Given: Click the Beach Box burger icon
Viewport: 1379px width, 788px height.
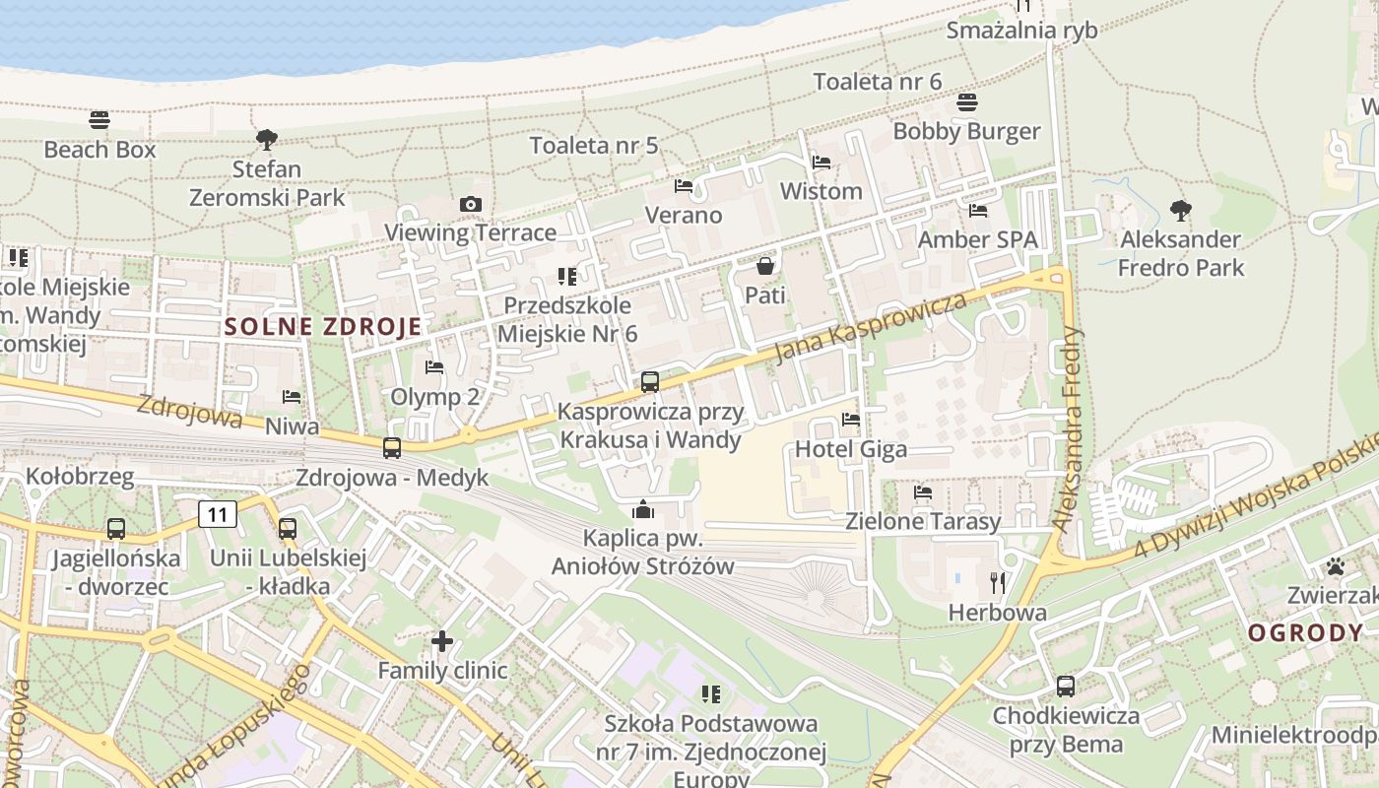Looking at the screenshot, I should tap(99, 120).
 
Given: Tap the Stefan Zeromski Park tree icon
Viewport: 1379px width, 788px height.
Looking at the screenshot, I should tap(266, 140).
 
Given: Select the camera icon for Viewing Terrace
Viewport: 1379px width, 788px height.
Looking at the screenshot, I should tap(471, 204).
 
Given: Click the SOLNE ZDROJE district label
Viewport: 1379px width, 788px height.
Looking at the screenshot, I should tap(323, 327).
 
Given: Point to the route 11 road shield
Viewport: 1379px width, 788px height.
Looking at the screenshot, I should tap(218, 513).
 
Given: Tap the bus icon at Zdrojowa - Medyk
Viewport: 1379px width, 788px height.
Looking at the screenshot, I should tap(392, 448).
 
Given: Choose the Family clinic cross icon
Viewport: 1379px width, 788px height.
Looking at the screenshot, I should tap(442, 642).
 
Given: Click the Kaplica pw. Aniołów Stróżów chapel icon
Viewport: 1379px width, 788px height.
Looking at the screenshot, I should tap(643, 509).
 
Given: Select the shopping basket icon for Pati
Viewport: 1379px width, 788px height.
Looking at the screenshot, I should tap(764, 266).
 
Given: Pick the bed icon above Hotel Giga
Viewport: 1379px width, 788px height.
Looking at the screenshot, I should tap(851, 420).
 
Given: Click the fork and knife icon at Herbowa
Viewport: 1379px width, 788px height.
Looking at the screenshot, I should tap(998, 583).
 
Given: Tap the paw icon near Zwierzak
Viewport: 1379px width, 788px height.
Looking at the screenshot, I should tap(1336, 566).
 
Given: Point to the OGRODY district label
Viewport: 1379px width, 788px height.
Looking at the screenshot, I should tap(1305, 633).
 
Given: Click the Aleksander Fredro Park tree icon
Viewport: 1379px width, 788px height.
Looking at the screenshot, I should tap(1180, 210).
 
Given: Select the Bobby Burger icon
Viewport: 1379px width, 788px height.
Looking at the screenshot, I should tap(966, 102).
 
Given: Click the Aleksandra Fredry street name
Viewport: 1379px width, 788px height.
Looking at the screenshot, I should tap(1068, 429).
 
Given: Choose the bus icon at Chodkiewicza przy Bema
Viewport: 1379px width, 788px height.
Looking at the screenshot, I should tap(1065, 687).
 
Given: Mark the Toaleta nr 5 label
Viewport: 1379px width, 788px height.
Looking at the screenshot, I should tap(594, 146).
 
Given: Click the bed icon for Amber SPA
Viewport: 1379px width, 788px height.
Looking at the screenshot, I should tap(978, 211).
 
